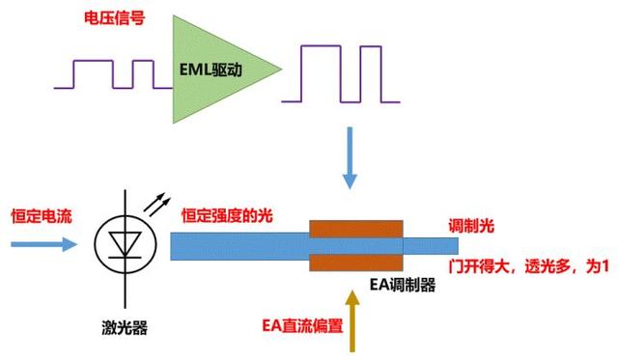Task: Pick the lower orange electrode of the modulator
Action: (x=354, y=263)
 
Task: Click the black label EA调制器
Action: (x=403, y=286)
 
